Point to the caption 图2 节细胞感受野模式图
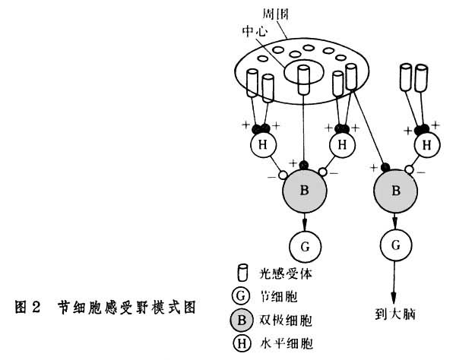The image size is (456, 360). pos(106,308)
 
